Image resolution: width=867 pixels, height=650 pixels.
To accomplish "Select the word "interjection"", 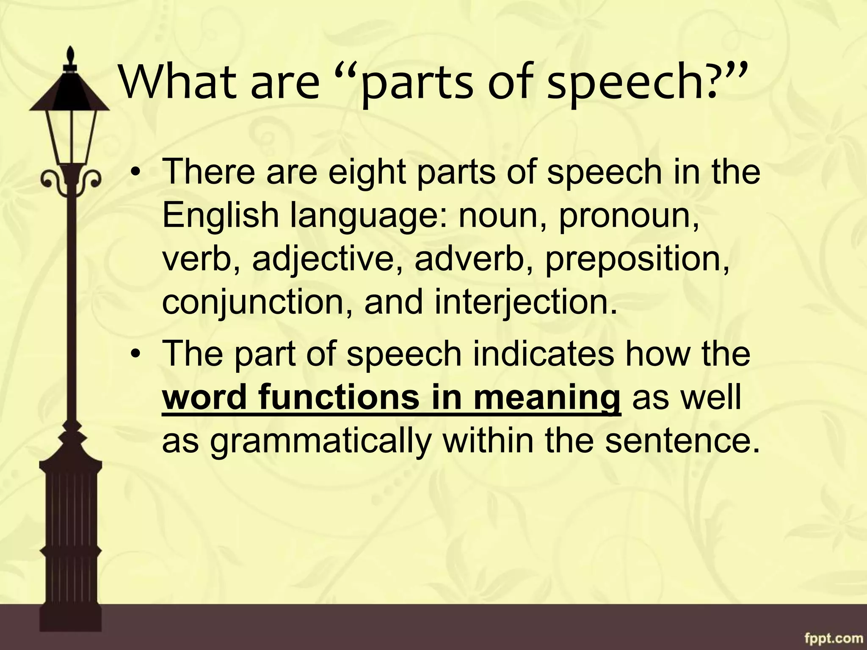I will coord(525,303).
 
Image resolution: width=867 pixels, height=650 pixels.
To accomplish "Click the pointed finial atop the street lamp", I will coord(71,55).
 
